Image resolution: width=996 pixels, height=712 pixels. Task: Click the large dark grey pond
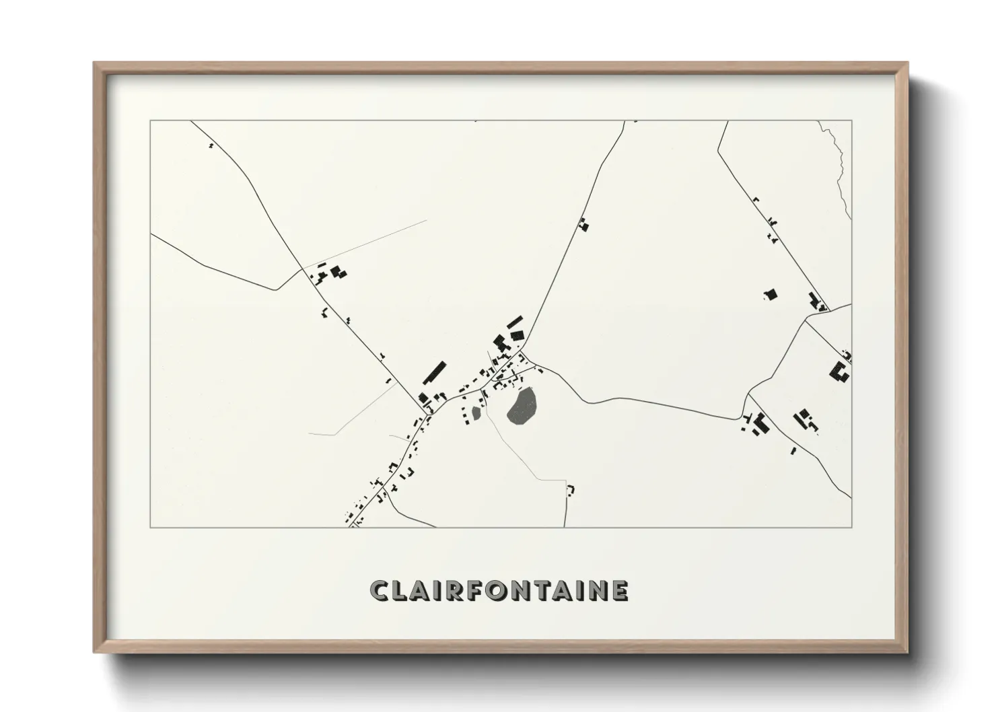click(x=522, y=406)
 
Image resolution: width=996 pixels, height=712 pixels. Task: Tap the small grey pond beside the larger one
click(x=477, y=413)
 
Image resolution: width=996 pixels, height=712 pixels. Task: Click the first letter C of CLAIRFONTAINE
click(x=380, y=590)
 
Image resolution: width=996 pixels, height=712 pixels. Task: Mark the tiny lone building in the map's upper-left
click(x=211, y=145)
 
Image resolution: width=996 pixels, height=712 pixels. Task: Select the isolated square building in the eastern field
click(x=771, y=294)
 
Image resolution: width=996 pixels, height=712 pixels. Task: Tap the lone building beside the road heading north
click(x=583, y=225)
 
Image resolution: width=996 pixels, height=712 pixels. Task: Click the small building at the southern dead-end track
click(x=571, y=489)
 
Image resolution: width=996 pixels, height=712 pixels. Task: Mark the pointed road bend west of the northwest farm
click(x=275, y=290)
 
